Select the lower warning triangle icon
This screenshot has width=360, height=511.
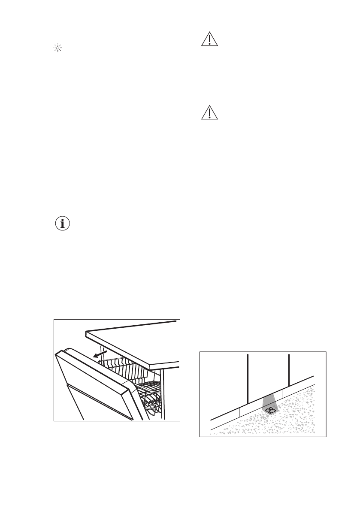point(210,113)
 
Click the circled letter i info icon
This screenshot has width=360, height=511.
point(63,224)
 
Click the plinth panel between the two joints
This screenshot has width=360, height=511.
point(262,399)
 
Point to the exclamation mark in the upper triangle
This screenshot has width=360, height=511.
point(210,40)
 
